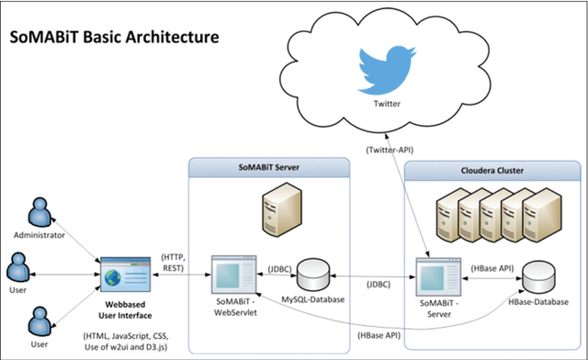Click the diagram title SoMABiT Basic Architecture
(x=114, y=39)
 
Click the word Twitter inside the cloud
(x=388, y=104)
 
